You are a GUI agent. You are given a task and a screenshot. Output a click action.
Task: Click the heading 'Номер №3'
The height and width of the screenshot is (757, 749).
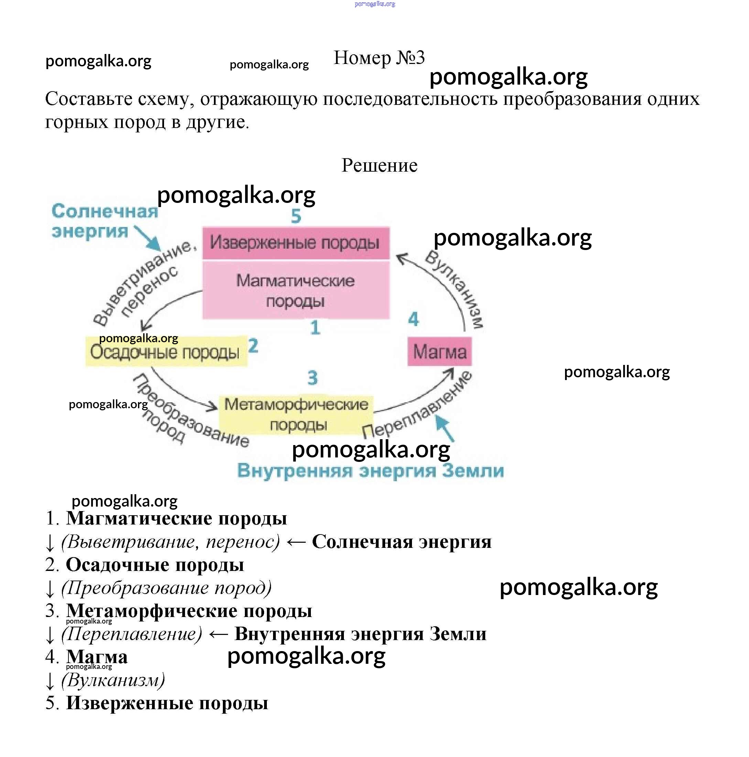379,58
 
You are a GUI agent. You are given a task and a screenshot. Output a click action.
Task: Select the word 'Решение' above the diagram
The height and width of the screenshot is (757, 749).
379,165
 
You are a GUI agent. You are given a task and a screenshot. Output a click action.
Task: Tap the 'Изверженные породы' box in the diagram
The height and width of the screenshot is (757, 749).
295,242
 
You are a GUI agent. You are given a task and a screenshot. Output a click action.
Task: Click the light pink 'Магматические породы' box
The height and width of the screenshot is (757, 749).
295,290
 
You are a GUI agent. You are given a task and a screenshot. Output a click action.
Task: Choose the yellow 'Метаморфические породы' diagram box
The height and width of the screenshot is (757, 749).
296,414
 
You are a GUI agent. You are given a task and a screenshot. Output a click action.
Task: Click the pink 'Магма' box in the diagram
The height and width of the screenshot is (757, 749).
439,352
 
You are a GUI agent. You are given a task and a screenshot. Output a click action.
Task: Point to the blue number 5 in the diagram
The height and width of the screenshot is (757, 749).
296,216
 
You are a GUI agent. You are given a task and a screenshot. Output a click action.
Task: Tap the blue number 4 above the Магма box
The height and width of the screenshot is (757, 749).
413,319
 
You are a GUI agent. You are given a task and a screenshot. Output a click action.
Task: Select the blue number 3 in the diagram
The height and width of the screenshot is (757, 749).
312,378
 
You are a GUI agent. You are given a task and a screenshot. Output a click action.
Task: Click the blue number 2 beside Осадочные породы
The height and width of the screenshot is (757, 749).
253,346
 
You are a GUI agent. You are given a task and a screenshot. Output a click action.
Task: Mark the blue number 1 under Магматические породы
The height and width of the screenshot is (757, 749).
315,327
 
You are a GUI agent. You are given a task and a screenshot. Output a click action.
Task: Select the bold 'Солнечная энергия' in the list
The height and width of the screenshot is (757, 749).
402,542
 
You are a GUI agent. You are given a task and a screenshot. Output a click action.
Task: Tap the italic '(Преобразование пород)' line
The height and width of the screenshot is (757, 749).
166,588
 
